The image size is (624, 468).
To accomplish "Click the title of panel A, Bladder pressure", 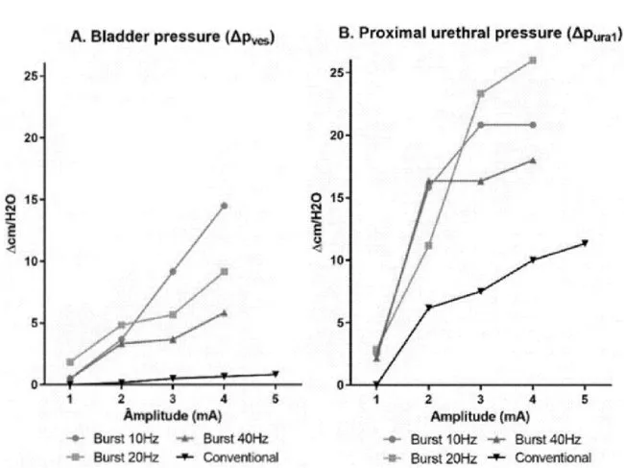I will tap(169, 37).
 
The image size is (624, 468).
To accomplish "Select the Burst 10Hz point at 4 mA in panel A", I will tap(224, 206).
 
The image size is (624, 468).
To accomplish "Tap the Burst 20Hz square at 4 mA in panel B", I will tap(532, 61).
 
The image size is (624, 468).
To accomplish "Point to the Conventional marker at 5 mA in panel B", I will tap(584, 243).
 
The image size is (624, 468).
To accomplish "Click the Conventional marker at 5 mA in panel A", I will tap(276, 374).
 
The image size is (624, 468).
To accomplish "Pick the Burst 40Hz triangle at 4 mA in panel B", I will tap(532, 160).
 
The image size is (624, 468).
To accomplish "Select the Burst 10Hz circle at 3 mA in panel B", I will tap(480, 125).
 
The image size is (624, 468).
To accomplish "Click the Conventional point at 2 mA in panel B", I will tap(428, 308).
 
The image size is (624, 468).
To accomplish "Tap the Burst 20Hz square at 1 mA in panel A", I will tap(70, 362).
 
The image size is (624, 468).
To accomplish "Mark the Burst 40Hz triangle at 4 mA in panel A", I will tap(224, 312).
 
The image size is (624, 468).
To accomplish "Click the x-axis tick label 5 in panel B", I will tap(584, 400).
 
